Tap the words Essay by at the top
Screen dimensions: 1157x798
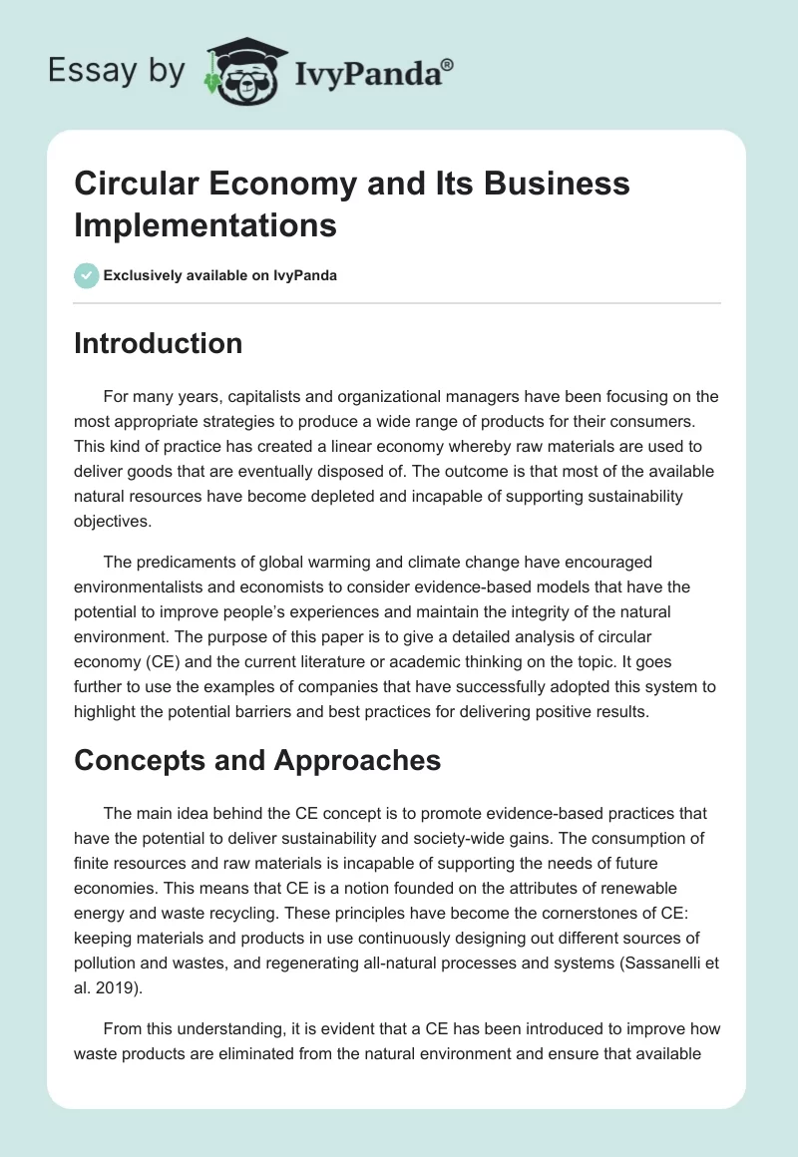(x=117, y=71)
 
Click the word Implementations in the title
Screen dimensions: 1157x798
(x=204, y=225)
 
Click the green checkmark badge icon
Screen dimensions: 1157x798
(x=87, y=275)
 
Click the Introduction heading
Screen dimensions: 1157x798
(x=158, y=343)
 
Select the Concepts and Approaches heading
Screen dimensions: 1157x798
(x=257, y=760)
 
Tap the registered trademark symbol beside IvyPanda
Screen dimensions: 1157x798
(x=448, y=64)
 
